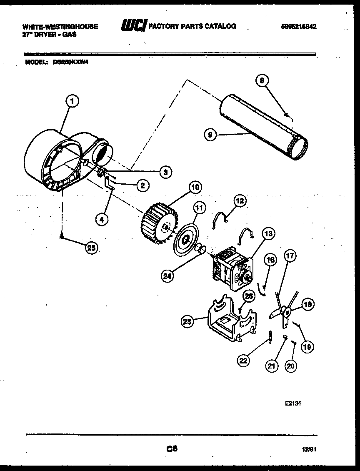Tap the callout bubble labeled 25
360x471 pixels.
click(91, 248)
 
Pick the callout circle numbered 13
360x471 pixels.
click(267, 233)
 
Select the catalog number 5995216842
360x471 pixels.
click(299, 26)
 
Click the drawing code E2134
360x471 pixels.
click(293, 403)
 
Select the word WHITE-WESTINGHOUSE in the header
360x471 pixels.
click(60, 26)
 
